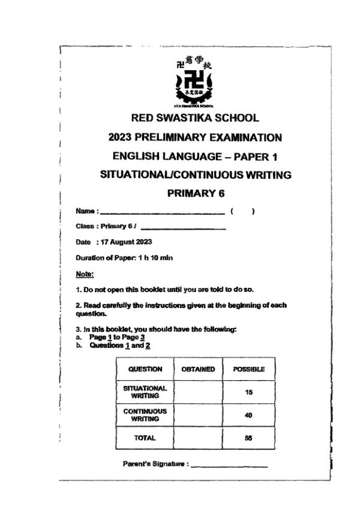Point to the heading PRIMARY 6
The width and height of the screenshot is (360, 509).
[195, 194]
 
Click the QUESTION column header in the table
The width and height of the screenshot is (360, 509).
[145, 369]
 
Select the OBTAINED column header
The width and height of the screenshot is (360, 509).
[198, 369]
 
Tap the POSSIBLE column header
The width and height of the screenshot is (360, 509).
[248, 369]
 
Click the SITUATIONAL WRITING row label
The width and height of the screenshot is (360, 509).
[145, 392]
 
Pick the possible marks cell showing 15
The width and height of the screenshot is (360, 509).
[248, 392]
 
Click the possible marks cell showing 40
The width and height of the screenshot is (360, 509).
[248, 415]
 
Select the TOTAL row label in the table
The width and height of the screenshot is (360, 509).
[145, 438]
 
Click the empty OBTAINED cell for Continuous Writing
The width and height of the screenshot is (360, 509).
[198, 415]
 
